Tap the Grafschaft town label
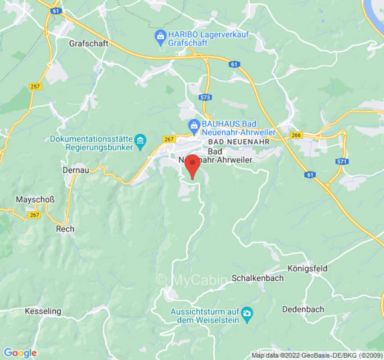89,44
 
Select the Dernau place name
76,170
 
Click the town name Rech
65,229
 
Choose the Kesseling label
43,311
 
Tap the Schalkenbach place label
258,278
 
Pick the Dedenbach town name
303,309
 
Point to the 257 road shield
36,86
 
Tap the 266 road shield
296,135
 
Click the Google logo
20,353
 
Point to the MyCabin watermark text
192,280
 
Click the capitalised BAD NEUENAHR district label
239,142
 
